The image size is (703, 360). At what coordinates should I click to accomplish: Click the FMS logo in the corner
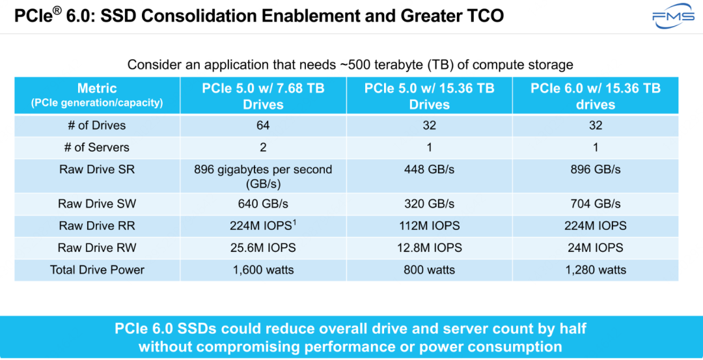673,19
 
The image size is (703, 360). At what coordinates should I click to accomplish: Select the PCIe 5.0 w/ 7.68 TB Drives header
263,96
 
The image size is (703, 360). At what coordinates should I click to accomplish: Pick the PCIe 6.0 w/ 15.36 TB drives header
595,96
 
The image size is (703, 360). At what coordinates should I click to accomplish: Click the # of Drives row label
97,126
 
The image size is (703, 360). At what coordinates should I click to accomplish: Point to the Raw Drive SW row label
97,204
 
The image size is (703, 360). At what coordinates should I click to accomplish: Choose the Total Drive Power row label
97,270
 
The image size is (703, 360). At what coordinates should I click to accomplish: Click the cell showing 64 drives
263,126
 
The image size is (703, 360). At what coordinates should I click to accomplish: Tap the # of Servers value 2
263,148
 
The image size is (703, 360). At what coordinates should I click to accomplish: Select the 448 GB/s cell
429,170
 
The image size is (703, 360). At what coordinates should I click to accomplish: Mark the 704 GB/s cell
595,204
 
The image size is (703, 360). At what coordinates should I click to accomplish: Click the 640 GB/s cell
263,204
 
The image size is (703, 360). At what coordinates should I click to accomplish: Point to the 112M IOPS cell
429,226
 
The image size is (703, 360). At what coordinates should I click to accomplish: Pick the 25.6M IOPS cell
263,248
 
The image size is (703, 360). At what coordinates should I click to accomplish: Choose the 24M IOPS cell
595,248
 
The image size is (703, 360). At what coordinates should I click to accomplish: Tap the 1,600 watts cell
263,270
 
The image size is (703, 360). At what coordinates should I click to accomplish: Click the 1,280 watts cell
595,270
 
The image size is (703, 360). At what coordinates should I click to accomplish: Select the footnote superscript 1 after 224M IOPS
295,222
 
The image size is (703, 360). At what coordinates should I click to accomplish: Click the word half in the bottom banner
571,329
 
